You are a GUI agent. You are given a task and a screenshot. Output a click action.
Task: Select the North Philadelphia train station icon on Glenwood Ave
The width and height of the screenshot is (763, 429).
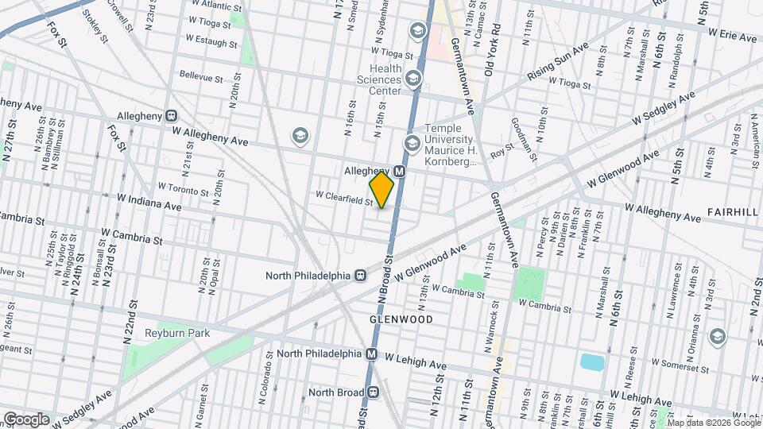pyautogui.click(x=360, y=276)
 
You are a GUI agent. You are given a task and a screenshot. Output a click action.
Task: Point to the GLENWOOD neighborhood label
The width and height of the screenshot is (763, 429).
pyautogui.click(x=401, y=319)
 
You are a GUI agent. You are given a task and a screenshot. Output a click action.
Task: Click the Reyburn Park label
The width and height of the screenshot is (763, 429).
pyautogui.click(x=177, y=333)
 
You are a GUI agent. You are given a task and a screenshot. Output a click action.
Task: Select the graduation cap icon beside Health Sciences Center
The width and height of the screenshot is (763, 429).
pyautogui.click(x=412, y=78)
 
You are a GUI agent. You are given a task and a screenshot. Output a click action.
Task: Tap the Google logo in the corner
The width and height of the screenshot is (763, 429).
pyautogui.click(x=26, y=419)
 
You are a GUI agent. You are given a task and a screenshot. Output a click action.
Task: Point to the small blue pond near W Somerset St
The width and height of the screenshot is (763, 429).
pyautogui.click(x=591, y=363)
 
